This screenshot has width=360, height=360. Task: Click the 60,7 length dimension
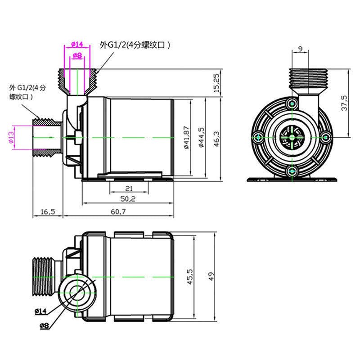click(117, 211)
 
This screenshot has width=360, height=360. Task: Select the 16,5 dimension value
click(47, 211)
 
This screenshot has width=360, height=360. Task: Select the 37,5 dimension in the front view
click(344, 103)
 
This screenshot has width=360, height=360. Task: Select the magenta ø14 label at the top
click(77, 44)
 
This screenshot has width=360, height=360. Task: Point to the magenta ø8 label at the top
click(77, 55)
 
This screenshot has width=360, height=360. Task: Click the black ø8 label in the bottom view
click(43, 326)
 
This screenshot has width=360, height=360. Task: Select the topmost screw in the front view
click(293, 103)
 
